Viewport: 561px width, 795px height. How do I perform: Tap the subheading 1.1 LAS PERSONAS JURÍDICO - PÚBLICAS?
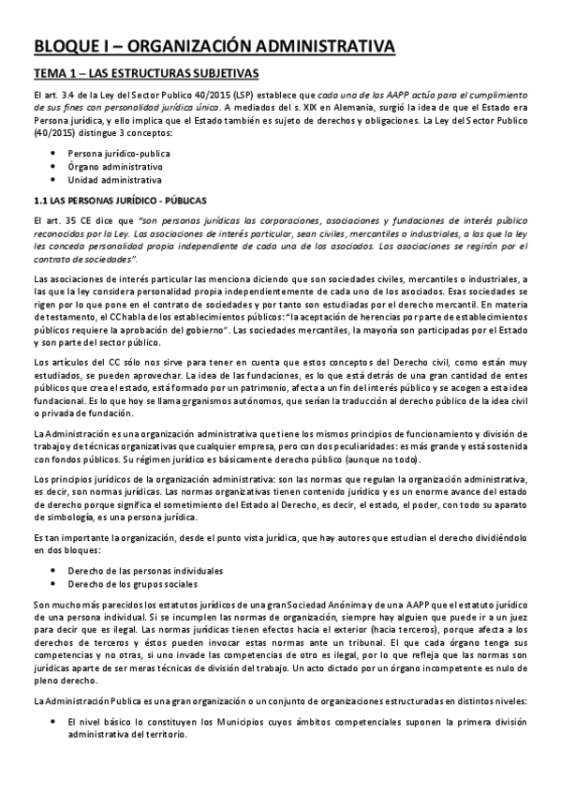[113, 201]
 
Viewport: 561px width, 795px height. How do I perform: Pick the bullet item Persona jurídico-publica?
[117, 152]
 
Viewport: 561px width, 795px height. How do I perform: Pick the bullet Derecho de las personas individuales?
[144, 570]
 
